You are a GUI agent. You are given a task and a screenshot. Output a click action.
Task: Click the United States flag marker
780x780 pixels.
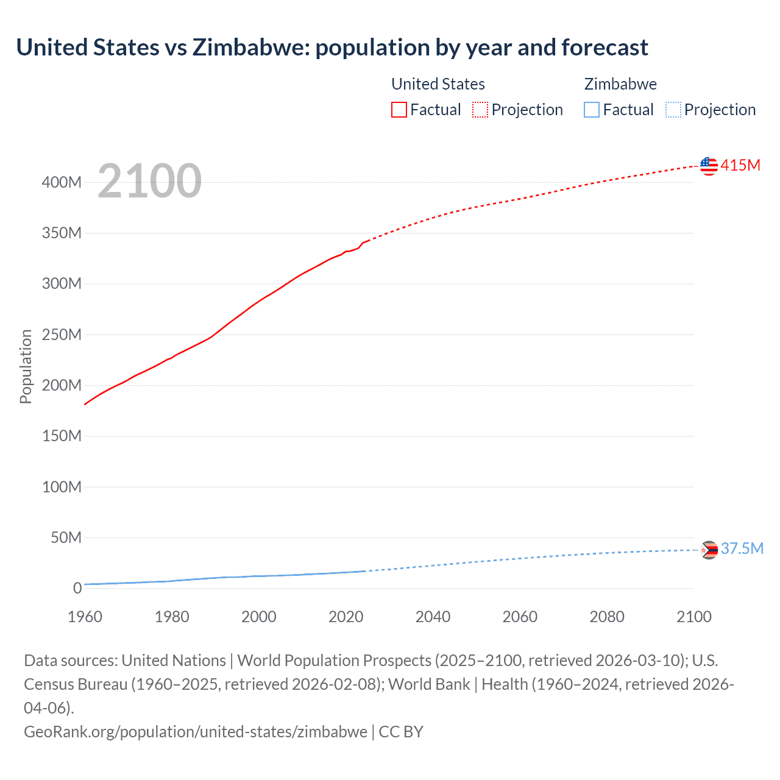point(709,166)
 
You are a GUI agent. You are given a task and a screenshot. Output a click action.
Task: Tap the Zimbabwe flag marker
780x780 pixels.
point(709,550)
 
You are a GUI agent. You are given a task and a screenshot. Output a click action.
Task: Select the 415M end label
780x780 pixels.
point(740,165)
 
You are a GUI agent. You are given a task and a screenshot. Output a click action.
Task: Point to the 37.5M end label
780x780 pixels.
point(742,548)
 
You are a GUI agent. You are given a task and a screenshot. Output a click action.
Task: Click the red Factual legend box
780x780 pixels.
point(399,110)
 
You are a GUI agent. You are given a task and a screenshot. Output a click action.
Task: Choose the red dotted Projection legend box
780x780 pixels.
point(480,110)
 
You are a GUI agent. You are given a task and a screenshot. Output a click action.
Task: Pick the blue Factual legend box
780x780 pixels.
point(591,110)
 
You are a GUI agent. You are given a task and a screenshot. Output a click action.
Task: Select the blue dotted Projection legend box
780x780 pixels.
point(673,110)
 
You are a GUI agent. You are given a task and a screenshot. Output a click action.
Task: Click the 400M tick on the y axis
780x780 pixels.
point(62,182)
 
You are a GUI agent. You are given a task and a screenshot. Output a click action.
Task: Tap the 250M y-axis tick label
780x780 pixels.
point(62,335)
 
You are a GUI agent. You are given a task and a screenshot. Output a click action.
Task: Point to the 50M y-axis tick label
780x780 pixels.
point(66,537)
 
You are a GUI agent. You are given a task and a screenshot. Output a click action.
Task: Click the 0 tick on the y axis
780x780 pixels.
point(77,588)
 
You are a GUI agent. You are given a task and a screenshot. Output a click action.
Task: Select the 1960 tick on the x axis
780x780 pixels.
point(85,617)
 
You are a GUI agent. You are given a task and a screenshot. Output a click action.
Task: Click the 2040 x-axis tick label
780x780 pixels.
point(433,617)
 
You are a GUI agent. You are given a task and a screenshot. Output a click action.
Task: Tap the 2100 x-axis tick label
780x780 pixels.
point(693,617)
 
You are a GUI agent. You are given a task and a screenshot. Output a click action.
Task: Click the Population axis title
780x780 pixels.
point(26,366)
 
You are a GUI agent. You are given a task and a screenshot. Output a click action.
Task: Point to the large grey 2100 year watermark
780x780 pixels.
point(149,180)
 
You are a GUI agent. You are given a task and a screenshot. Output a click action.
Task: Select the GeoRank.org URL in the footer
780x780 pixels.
point(195,731)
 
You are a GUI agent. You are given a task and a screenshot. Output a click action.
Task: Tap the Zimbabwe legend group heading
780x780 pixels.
point(620,84)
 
